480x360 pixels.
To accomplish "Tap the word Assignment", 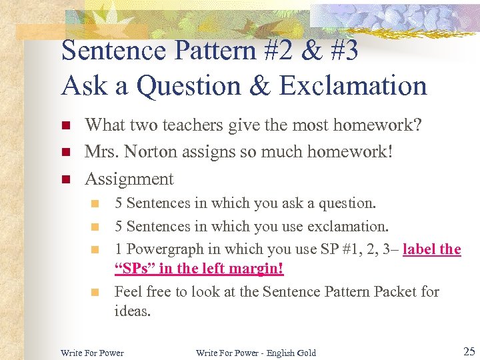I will [x=129, y=179].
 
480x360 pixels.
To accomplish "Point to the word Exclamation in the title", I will [x=353, y=85].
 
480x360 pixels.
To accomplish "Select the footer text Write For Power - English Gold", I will [x=256, y=353].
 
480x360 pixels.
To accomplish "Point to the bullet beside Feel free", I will [x=95, y=292].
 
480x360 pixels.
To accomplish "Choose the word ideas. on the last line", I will [x=133, y=311].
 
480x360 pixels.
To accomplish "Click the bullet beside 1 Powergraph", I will [x=95, y=249].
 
